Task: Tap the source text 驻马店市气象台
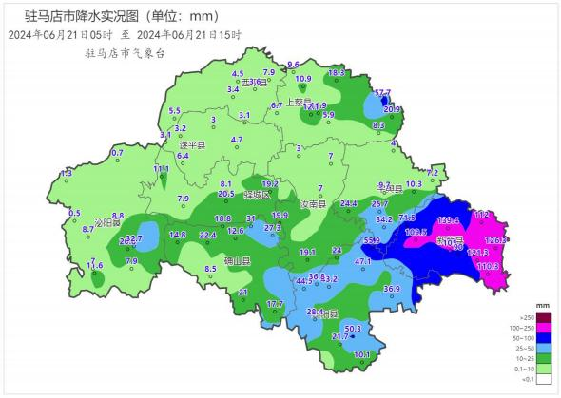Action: [124, 54]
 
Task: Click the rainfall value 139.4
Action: [448, 220]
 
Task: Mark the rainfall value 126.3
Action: [496, 240]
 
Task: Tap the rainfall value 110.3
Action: [488, 266]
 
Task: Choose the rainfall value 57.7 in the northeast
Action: [382, 92]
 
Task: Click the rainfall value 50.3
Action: [352, 329]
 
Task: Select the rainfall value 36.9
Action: [392, 289]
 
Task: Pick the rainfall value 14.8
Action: [178, 235]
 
